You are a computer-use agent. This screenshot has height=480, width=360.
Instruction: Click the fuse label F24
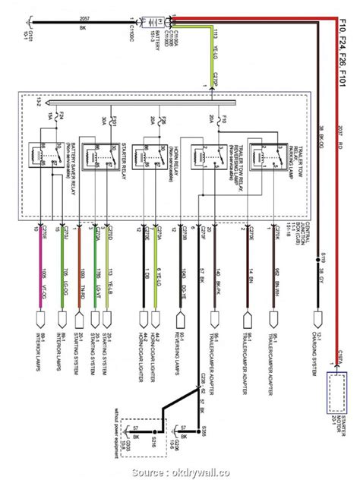tap(62, 117)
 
